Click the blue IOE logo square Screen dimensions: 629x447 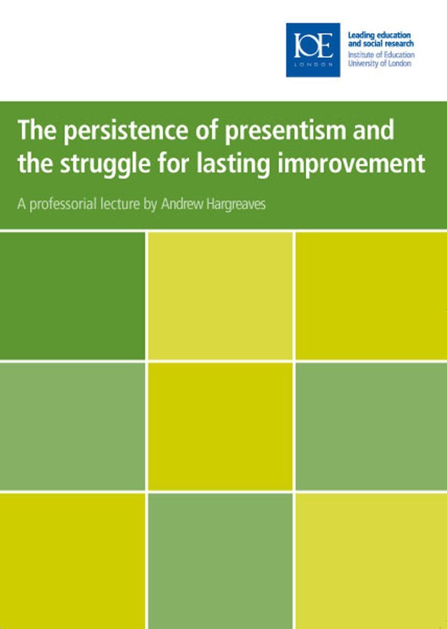[x=313, y=50]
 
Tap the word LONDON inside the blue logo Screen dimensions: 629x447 [x=313, y=64]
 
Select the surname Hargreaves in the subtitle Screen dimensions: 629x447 [x=236, y=205]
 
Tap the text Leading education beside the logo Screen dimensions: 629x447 [x=379, y=35]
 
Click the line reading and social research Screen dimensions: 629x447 [x=381, y=44]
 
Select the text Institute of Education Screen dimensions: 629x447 [x=381, y=55]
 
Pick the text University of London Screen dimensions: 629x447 [x=379, y=63]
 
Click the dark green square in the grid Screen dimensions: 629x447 [x=72, y=295]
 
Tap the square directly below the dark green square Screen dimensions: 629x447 [x=72, y=426]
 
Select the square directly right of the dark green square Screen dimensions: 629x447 [x=220, y=295]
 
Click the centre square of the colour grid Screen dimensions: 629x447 [x=220, y=426]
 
